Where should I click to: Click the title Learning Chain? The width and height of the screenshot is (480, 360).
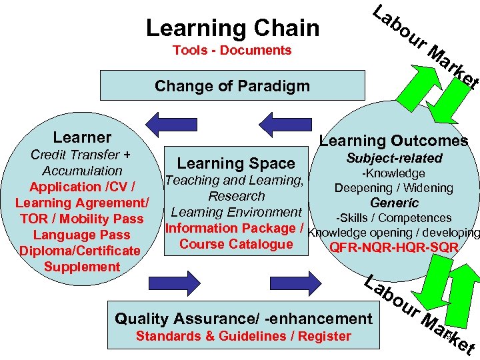[232, 28]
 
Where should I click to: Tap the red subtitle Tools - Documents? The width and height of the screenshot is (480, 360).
[232, 51]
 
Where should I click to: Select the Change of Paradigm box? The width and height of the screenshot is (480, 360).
[232, 85]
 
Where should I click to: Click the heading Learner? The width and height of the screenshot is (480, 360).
[82, 137]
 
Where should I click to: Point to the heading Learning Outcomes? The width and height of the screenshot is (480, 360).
[393, 141]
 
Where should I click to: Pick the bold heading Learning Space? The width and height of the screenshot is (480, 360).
[235, 163]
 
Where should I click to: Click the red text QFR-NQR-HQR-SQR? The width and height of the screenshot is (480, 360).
[394, 248]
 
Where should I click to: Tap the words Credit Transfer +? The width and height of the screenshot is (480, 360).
[81, 155]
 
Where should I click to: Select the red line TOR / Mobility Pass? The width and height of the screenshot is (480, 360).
[81, 219]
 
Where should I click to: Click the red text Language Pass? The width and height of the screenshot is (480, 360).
[81, 235]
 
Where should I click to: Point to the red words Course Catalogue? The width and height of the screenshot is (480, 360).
[236, 244]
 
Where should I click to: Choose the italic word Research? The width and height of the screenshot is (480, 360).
[236, 196]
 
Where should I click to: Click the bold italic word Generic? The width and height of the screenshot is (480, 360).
[394, 203]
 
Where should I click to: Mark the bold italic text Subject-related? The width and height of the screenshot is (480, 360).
[394, 158]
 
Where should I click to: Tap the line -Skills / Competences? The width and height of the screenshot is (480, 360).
[394, 218]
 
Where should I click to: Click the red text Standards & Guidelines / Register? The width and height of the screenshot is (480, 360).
[243, 336]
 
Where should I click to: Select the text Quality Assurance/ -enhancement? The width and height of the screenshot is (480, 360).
[243, 319]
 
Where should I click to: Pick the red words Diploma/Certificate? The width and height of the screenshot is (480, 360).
[80, 251]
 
